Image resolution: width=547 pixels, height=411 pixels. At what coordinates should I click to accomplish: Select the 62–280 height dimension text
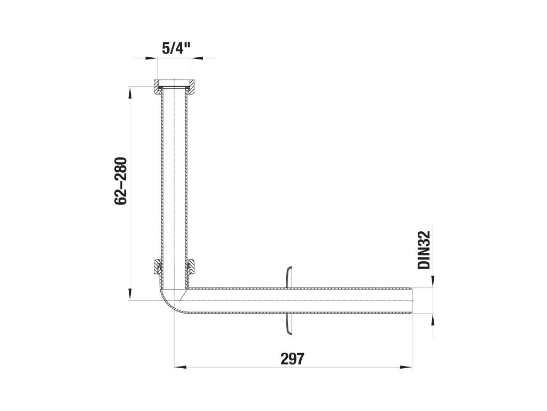121,181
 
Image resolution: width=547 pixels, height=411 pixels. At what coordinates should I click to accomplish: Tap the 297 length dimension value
292,359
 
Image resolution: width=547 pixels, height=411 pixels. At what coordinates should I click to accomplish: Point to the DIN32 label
424,250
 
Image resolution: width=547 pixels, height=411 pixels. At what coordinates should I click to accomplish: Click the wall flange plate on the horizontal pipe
289,301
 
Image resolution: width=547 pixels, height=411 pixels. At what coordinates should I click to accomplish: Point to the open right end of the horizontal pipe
412,300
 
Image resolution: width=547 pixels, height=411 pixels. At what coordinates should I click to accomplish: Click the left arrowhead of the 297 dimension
179,367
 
